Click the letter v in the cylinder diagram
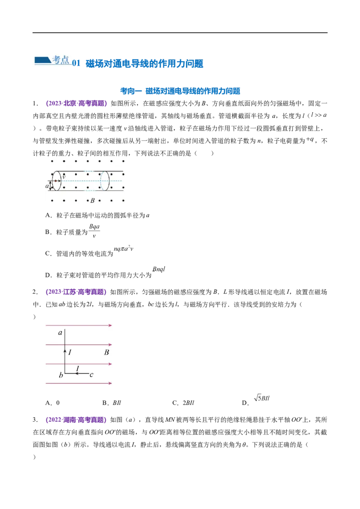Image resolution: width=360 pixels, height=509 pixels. click(64, 177)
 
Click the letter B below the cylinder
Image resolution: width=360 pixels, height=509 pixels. click(92, 201)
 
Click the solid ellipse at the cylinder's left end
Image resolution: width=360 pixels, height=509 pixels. click(56, 181)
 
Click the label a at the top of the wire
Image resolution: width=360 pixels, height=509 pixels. click(60, 333)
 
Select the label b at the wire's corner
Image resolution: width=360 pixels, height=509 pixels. click(60, 375)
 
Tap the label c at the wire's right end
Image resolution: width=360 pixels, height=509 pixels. click(91, 375)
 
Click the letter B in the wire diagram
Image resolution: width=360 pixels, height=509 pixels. click(107, 353)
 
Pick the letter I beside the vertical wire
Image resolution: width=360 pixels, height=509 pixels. click(71, 352)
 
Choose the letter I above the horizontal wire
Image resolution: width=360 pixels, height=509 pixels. click(77, 369)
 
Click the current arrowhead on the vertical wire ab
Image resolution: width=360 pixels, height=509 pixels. click(65, 351)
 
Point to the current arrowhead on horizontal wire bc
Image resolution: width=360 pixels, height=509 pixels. click(77, 373)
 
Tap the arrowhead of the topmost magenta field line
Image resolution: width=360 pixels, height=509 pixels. click(110, 325)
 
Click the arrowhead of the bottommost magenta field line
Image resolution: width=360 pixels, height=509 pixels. click(110, 384)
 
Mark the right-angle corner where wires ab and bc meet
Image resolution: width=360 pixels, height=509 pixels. click(65, 373)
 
